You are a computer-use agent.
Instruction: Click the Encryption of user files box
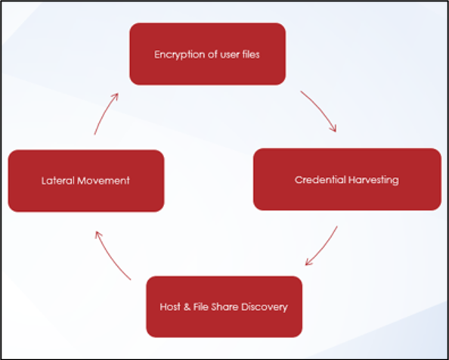(208, 54)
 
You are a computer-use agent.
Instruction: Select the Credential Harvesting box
(347, 179)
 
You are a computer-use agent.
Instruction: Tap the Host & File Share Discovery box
(224, 307)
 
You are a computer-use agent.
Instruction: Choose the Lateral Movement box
(86, 181)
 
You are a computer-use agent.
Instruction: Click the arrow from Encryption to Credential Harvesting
(320, 110)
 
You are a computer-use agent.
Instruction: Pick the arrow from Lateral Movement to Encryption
(105, 113)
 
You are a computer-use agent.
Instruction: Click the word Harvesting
(373, 180)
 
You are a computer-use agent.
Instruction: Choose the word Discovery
(265, 308)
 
